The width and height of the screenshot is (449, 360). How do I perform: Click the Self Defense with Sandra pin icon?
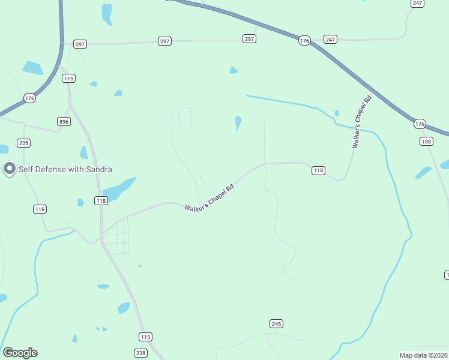[x=9, y=169]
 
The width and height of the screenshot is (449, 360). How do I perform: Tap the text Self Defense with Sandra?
[x=65, y=169]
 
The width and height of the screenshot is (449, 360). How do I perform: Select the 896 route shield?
[x=64, y=121]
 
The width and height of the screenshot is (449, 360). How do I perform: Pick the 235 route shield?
[x=23, y=143]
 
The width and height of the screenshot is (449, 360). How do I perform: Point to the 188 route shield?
[x=426, y=142]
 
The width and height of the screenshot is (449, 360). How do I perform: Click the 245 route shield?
[x=276, y=324]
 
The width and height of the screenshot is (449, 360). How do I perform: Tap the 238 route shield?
[x=140, y=353]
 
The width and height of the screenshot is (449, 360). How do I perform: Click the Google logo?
[x=20, y=353]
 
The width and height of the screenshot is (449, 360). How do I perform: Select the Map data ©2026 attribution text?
[x=423, y=355]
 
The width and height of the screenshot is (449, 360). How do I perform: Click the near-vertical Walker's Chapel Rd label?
[x=362, y=121]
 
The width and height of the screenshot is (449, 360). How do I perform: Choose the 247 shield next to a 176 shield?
[x=330, y=39]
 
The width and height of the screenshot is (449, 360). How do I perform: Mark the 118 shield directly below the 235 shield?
[x=40, y=209]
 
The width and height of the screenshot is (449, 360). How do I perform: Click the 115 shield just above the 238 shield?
[x=145, y=337]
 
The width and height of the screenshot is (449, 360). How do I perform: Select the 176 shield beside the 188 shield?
[x=420, y=124]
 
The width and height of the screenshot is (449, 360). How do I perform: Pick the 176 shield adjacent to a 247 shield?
[x=304, y=41]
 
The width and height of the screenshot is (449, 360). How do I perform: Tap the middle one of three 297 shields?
[x=165, y=41]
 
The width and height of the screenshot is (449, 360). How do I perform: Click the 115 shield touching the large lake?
[x=101, y=200]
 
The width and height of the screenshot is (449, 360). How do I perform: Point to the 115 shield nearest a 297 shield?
[x=68, y=79]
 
